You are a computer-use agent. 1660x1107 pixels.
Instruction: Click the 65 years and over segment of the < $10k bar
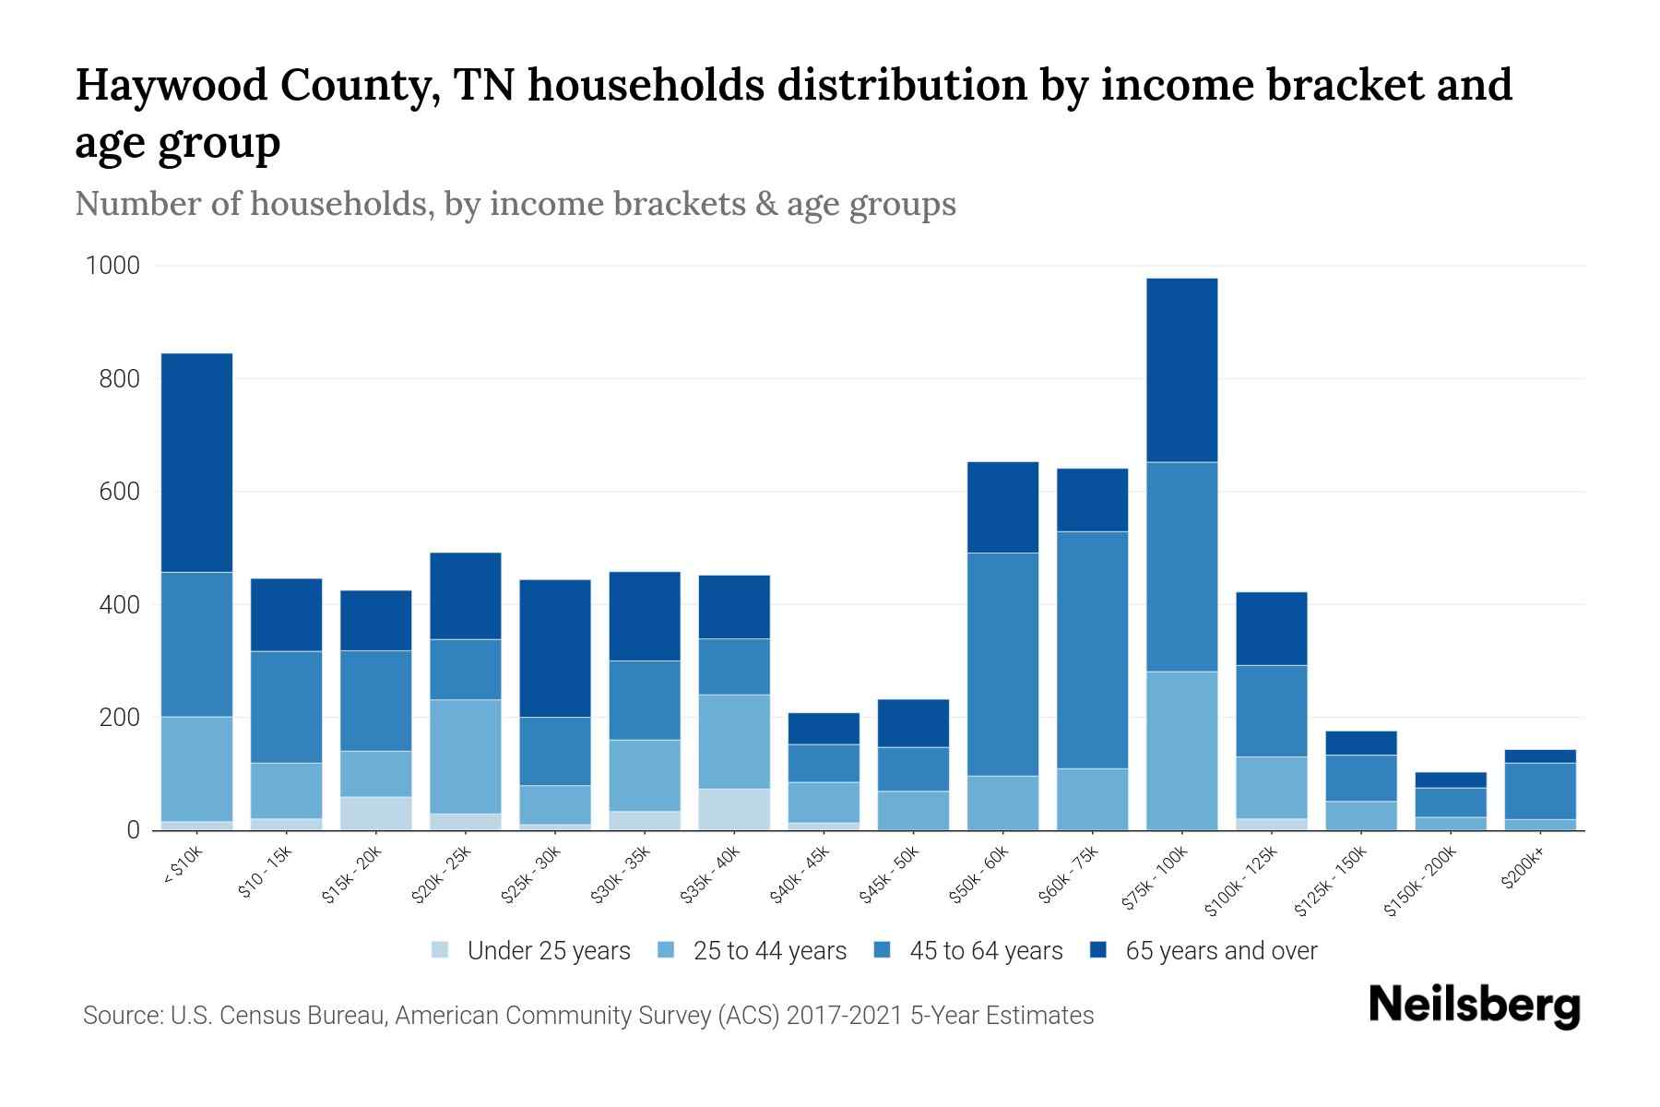pyautogui.click(x=196, y=462)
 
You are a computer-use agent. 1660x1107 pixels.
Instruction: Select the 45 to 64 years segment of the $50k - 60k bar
pyautogui.click(x=1002, y=664)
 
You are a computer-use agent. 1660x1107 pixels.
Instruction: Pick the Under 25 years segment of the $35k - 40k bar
pyautogui.click(x=734, y=809)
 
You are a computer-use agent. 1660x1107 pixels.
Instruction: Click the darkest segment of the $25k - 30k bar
pyautogui.click(x=555, y=648)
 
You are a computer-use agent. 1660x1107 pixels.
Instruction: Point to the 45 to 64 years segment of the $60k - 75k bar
pyautogui.click(x=1092, y=649)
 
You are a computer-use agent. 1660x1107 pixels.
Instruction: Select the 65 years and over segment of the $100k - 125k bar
pyautogui.click(x=1271, y=628)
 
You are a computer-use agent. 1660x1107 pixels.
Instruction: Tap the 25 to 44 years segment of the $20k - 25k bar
pyautogui.click(x=466, y=756)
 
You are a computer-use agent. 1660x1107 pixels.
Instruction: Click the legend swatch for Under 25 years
pyautogui.click(x=441, y=950)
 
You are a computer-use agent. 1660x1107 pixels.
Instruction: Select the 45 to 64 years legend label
pyautogui.click(x=985, y=951)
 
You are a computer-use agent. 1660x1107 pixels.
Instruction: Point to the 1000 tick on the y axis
pyautogui.click(x=113, y=267)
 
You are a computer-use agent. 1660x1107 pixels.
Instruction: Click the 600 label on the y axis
pyautogui.click(x=119, y=492)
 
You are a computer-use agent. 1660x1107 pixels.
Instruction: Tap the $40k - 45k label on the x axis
pyautogui.click(x=801, y=876)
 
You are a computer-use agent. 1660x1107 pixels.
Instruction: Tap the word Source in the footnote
pyautogui.click(x=120, y=1016)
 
